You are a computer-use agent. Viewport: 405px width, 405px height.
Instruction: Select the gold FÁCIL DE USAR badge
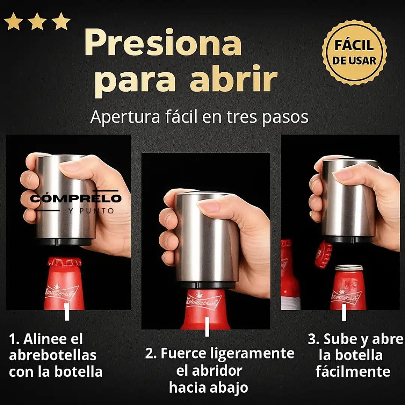354,52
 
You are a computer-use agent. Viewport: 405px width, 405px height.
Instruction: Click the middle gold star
37,21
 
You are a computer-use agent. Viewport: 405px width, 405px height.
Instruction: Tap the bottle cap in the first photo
64,262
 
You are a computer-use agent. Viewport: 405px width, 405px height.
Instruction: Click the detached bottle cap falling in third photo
324,255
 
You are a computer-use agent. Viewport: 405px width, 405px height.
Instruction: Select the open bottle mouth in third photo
349,268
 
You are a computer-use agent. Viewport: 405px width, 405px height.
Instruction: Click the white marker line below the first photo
67,312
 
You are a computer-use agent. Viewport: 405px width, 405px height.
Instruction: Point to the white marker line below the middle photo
207,327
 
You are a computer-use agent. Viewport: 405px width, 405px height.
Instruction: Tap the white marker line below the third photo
344,312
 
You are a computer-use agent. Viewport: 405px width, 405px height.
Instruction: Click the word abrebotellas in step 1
52,355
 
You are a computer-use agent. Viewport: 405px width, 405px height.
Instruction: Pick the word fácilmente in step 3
352,372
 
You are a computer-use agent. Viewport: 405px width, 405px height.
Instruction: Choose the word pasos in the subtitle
285,117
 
